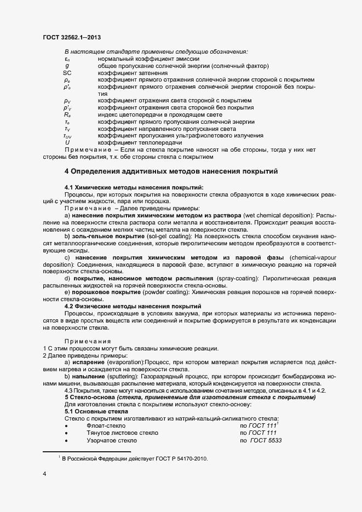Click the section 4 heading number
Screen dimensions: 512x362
67,171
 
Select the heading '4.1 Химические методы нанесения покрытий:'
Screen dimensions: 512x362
134,187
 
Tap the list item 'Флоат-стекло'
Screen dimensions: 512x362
106,425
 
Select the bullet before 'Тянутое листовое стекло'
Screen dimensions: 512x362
66,433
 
